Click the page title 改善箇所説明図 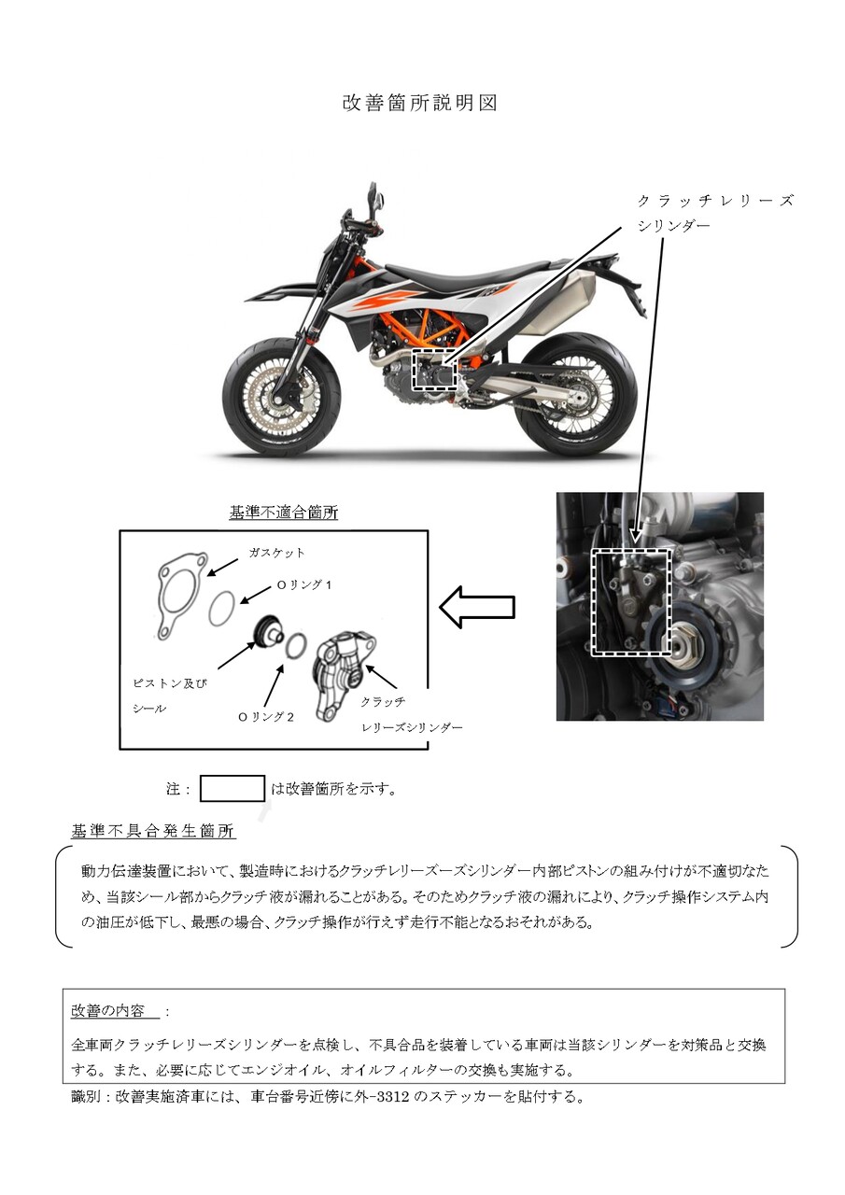[420, 103]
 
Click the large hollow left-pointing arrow [477, 607]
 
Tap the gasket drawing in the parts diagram [182, 595]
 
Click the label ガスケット [276, 553]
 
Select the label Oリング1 [303, 584]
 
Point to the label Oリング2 [265, 717]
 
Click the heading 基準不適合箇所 [283, 513]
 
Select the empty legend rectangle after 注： [232, 789]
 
